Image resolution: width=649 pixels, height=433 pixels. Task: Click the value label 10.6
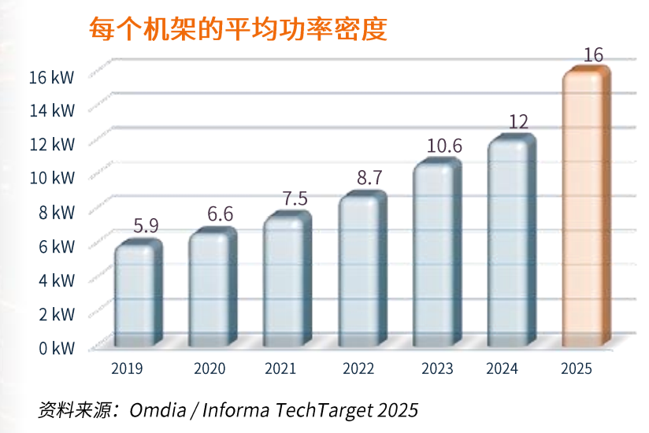443,146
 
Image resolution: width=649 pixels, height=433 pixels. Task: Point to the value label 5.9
146,226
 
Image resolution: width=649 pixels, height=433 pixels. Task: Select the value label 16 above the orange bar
593,55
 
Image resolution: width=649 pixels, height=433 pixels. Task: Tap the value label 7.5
295,198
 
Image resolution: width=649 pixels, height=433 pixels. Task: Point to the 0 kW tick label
55,347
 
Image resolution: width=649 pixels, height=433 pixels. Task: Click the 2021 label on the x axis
281,368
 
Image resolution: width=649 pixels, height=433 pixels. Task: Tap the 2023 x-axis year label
437,368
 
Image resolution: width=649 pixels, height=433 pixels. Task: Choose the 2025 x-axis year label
576,368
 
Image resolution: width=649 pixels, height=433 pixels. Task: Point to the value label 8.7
369,178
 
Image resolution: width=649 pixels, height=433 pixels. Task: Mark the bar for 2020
210,287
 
